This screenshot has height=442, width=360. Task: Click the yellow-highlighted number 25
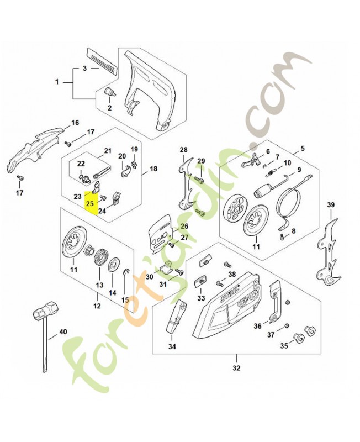(x=89, y=204)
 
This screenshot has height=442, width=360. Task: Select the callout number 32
(x=236, y=367)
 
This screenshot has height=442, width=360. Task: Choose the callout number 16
(x=75, y=122)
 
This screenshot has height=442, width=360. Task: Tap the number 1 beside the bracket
(x=57, y=82)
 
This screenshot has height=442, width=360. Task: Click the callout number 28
(x=183, y=149)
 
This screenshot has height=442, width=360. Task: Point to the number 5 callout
(x=301, y=149)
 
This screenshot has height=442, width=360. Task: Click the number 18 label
(x=153, y=169)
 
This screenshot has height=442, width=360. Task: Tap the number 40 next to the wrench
(x=62, y=331)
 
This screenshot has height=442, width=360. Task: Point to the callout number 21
(x=108, y=150)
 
